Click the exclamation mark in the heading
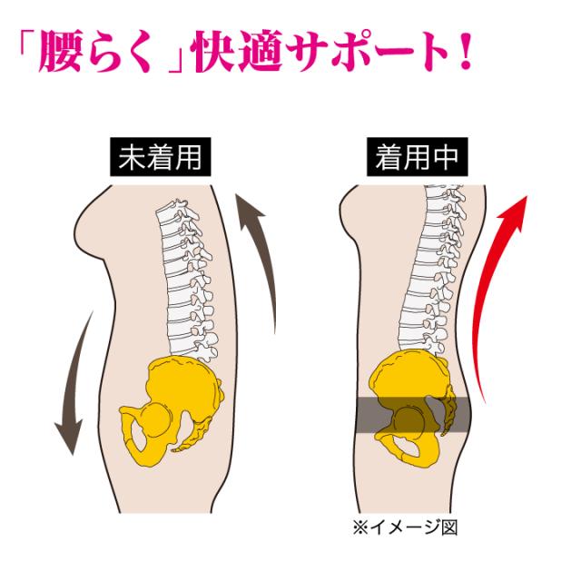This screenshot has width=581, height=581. (461, 56)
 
